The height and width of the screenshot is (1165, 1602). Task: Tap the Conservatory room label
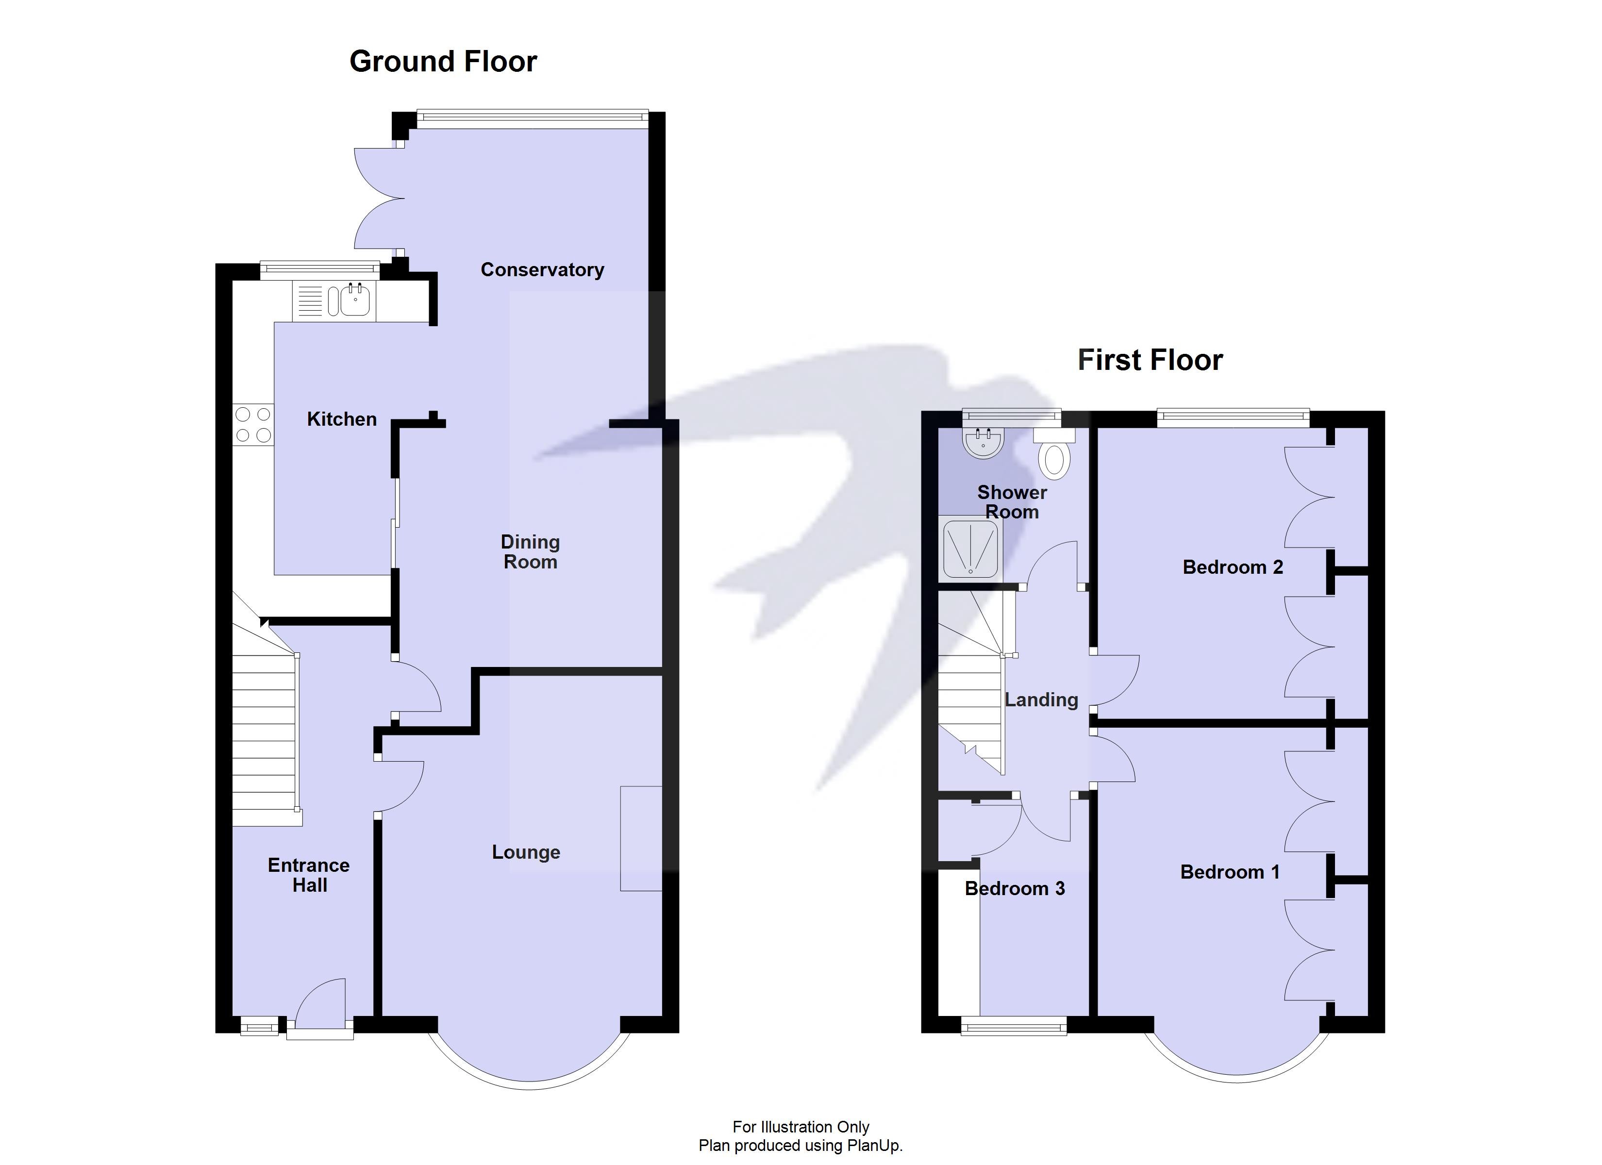pos(542,270)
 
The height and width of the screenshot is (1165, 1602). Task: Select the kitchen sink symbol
pos(354,300)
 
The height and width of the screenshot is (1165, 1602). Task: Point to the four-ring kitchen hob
pos(253,425)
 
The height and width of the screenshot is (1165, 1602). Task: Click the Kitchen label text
pos(341,420)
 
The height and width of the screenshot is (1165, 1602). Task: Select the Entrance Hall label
pos(309,875)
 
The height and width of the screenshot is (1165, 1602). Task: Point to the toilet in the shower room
pos(1054,454)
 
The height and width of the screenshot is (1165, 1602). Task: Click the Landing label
pos(1041,700)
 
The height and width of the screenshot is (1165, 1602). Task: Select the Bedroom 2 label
pos(1232,567)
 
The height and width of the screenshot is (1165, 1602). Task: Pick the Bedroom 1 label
pos(1229,872)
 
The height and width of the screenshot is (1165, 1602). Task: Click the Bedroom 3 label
pos(1014,889)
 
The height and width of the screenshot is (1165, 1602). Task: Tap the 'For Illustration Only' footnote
pos(801,1126)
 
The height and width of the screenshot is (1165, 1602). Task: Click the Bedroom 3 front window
pos(1014,1026)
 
